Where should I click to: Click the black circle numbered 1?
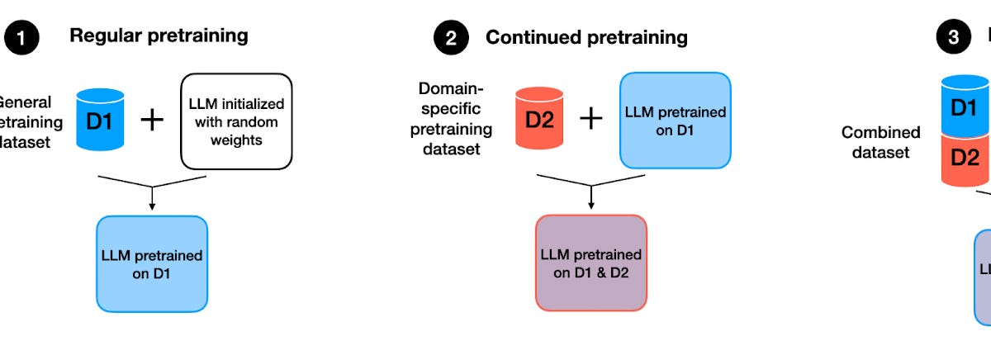(21, 38)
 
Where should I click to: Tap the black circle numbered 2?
(452, 38)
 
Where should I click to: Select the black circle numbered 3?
(953, 38)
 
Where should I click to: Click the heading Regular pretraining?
(159, 36)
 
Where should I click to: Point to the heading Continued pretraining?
(586, 37)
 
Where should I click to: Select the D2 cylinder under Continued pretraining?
(538, 120)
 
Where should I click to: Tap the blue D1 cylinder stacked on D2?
(965, 107)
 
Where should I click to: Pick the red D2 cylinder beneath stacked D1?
(965, 158)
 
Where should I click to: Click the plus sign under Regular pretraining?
(152, 120)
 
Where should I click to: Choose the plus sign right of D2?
(590, 120)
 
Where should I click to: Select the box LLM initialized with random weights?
(236, 122)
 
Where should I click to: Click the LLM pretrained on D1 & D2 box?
(590, 263)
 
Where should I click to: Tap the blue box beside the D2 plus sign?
(675, 121)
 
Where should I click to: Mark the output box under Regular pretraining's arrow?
(151, 263)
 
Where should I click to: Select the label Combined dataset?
(880, 142)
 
